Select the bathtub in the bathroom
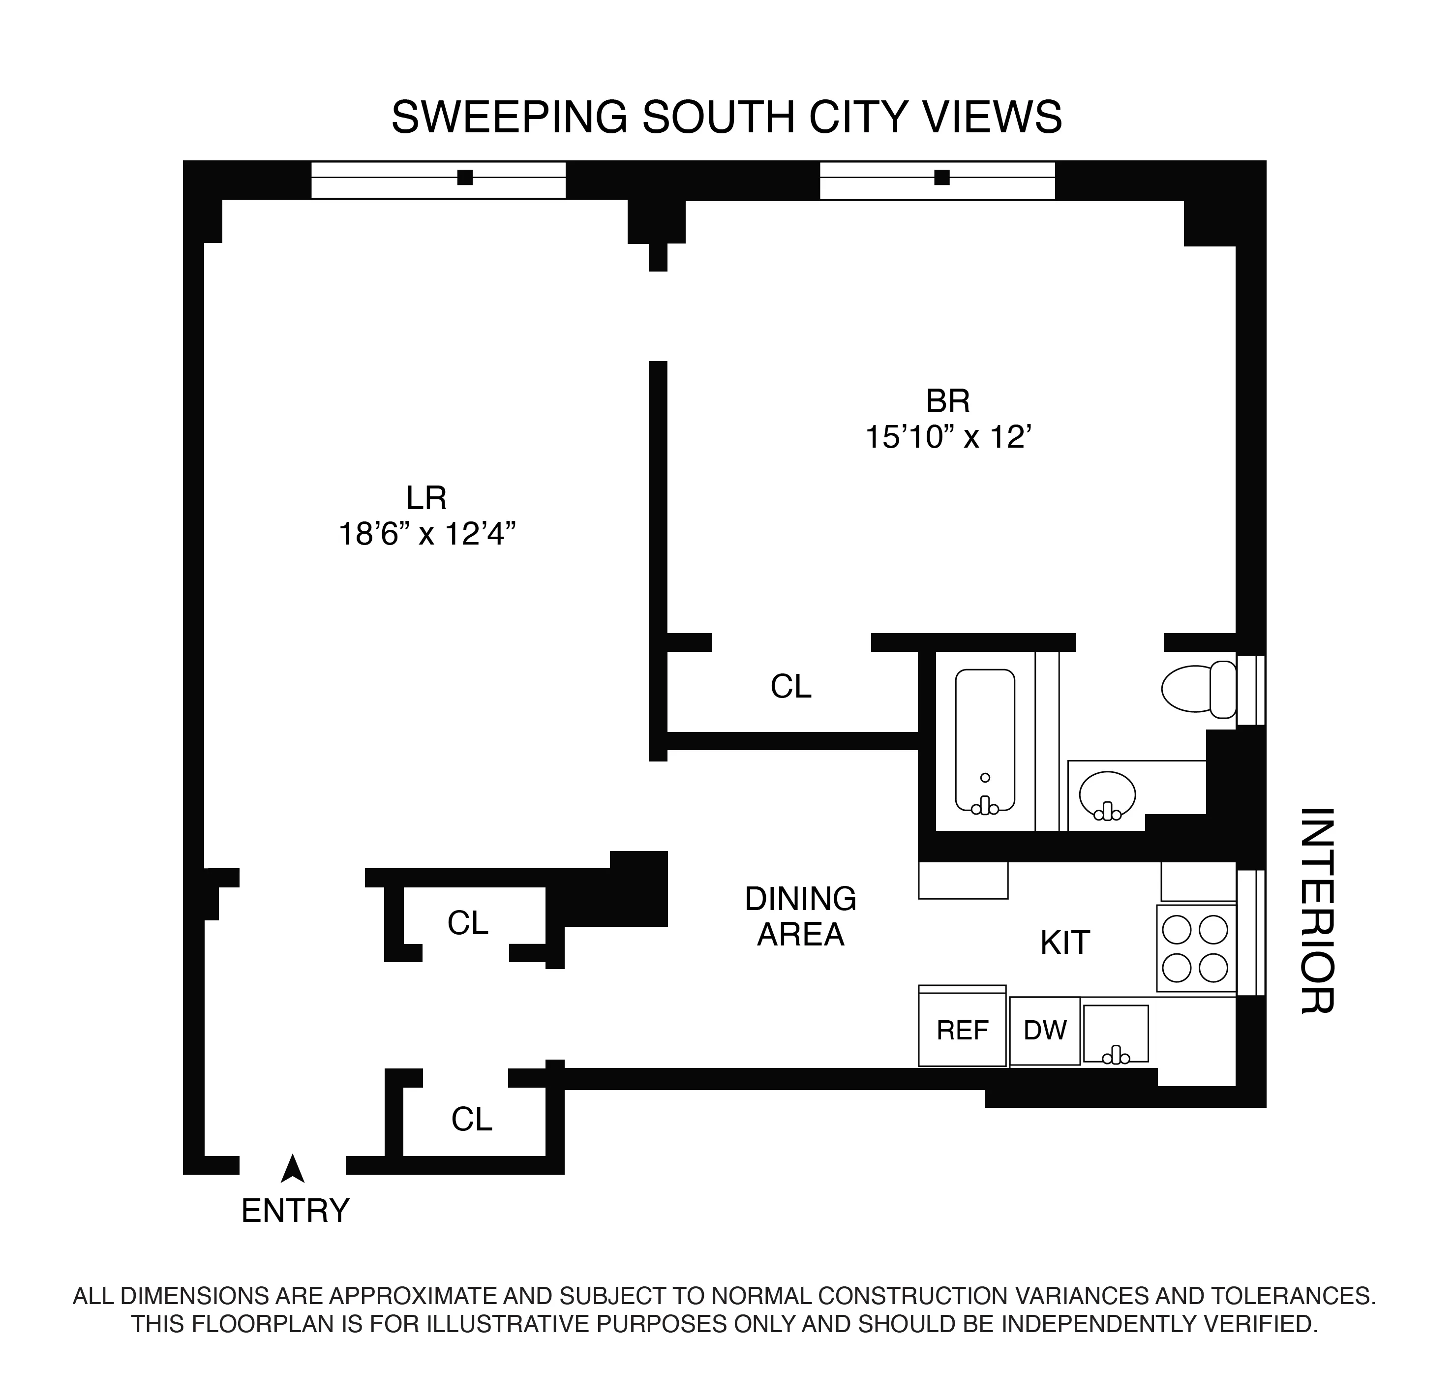tap(984, 740)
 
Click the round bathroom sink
tap(1107, 794)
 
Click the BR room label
tap(948, 401)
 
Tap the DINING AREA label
tap(800, 916)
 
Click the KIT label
tap(1064, 943)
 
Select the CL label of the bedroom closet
tap(791, 687)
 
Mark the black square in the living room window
tap(465, 177)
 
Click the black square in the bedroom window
tap(942, 177)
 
